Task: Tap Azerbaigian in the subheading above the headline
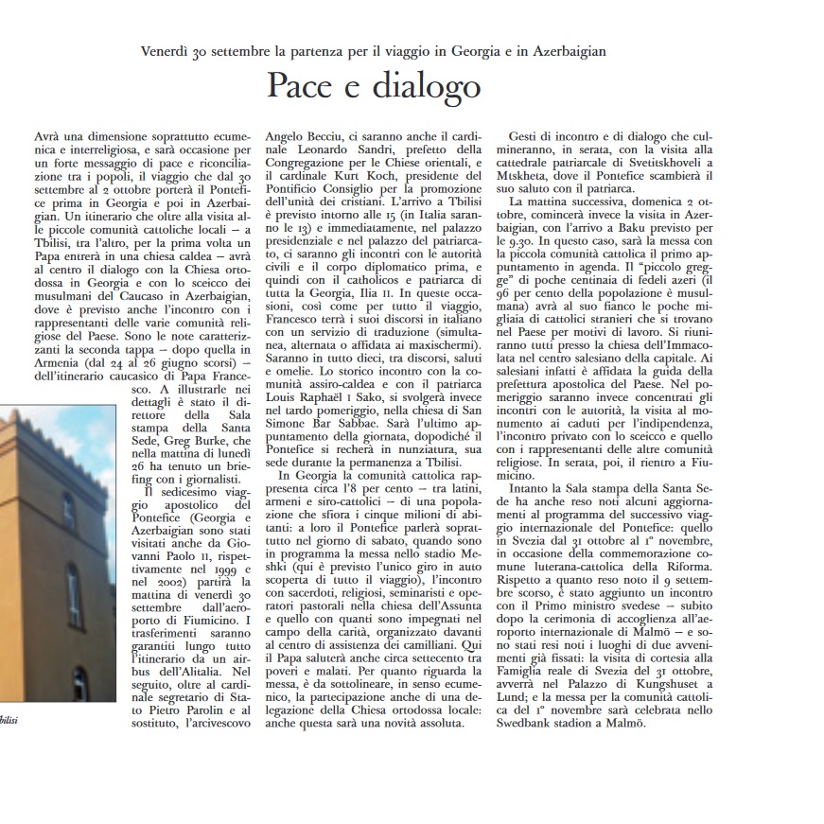(x=561, y=50)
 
